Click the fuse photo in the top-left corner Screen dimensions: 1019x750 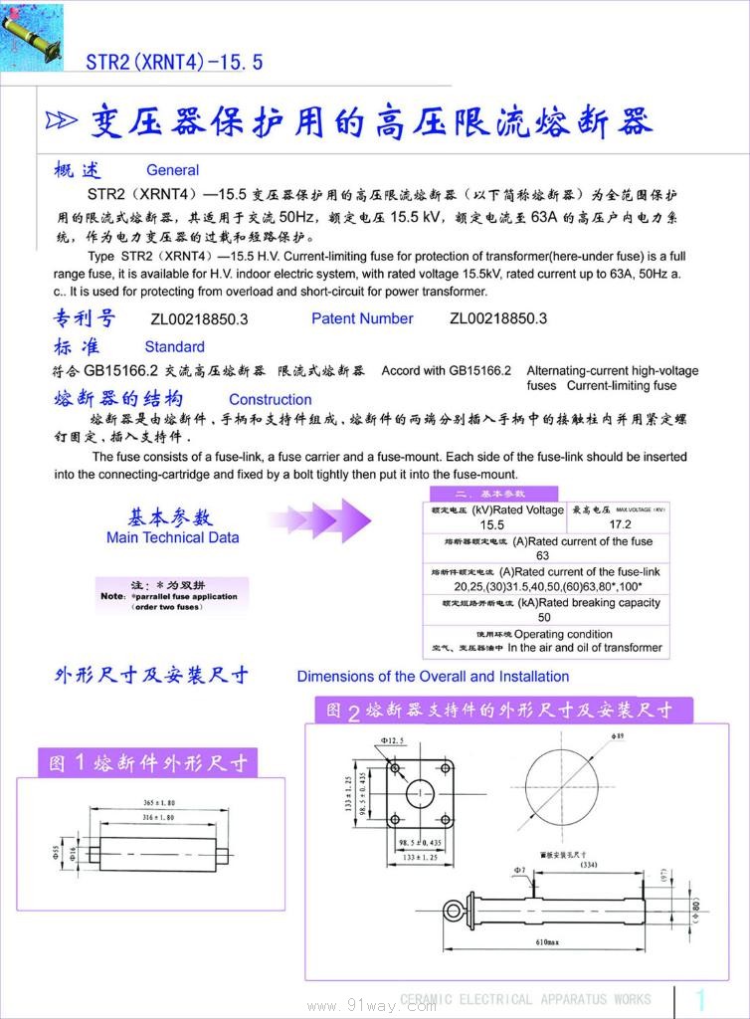coord(32,37)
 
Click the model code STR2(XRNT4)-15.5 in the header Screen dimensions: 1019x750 coord(174,62)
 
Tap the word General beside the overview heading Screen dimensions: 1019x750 coord(172,170)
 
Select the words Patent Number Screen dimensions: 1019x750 coord(362,318)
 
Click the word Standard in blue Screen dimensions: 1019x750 coord(174,347)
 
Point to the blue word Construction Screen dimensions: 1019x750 coord(271,399)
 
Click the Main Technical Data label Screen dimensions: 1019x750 coord(172,537)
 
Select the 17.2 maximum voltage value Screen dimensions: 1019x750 coord(620,524)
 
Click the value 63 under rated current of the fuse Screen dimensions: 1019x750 coord(543,555)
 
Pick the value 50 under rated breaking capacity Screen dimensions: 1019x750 coord(544,617)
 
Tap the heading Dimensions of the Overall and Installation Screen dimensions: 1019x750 coord(433,677)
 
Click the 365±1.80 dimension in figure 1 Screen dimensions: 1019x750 coord(159,802)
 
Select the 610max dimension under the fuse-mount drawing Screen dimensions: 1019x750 coord(546,941)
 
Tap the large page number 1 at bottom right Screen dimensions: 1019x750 coord(700,999)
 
